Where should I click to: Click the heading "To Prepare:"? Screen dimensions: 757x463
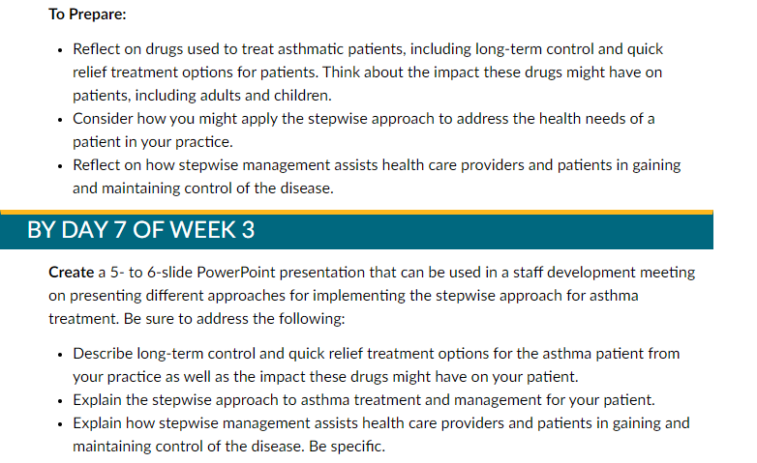tap(87, 14)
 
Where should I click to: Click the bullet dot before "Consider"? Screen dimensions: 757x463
tap(60, 120)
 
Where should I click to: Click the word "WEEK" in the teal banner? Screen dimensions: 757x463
tap(202, 230)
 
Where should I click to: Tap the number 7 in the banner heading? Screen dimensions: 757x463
tap(120, 230)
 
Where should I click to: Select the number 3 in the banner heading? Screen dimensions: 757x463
tap(248, 230)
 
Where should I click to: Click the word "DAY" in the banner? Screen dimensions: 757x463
tap(84, 230)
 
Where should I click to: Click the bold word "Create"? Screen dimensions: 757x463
tap(71, 273)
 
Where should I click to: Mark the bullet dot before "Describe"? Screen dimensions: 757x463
tap(60, 355)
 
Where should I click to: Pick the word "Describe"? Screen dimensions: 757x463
tap(103, 354)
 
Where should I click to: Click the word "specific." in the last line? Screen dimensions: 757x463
tap(358, 447)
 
